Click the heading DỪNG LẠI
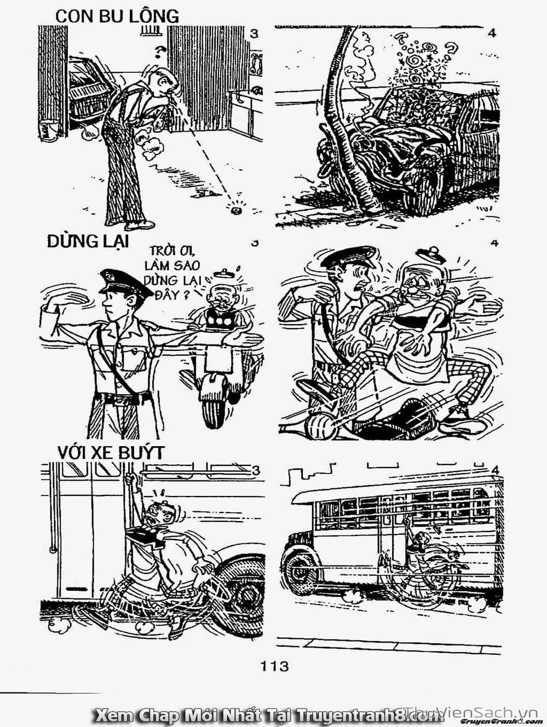pyautogui.click(x=88, y=241)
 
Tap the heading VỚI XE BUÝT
pyautogui.click(x=111, y=453)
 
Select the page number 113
pyautogui.click(x=274, y=666)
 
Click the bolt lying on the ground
pyautogui.click(x=237, y=208)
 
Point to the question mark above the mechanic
pyautogui.click(x=160, y=52)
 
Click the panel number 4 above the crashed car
pyautogui.click(x=491, y=33)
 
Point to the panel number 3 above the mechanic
pyautogui.click(x=254, y=33)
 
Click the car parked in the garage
pyautogui.click(x=88, y=90)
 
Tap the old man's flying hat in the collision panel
pyautogui.click(x=431, y=253)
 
